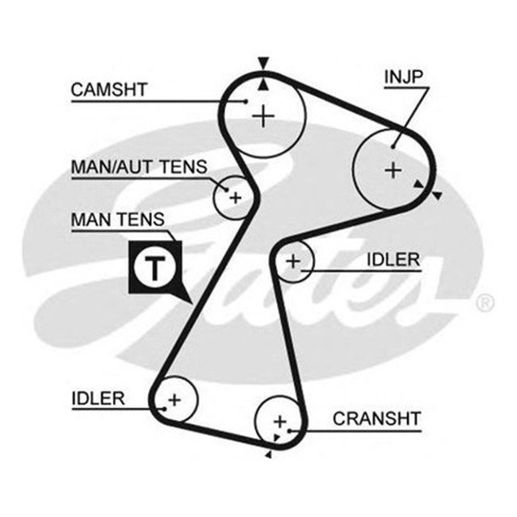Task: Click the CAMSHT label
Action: (109, 89)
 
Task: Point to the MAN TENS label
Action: (117, 219)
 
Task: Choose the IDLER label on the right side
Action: (393, 259)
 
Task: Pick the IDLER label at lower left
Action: (98, 397)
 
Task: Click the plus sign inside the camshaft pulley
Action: (263, 117)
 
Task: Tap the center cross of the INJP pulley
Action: (393, 170)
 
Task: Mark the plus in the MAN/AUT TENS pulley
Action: (235, 196)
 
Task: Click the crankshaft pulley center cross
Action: (280, 421)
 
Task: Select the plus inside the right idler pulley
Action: (293, 261)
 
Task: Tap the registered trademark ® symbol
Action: (485, 303)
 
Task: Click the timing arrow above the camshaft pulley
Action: (262, 63)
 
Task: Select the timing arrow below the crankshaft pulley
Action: (268, 456)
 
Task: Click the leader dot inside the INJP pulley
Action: (393, 146)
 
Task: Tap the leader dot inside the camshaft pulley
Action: (246, 102)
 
